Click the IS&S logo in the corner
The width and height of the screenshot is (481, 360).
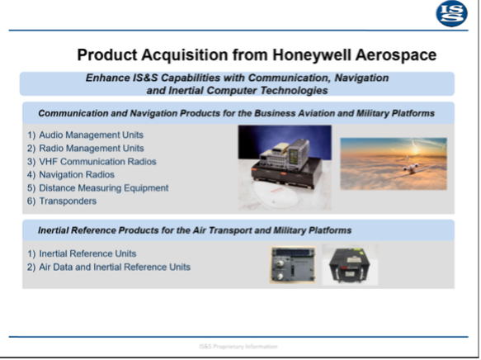click(452, 14)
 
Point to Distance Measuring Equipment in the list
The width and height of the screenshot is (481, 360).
click(103, 187)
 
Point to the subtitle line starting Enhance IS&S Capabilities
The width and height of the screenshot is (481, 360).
click(237, 77)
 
